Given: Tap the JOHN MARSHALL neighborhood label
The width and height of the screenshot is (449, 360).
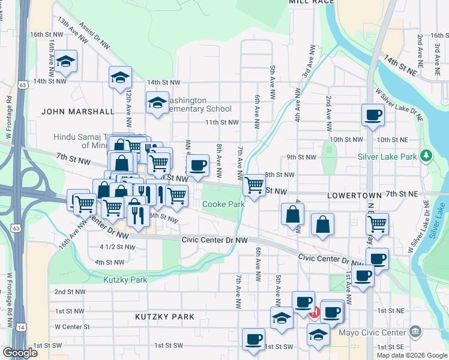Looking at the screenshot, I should [x=77, y=112].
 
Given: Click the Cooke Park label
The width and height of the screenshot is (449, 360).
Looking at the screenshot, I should [x=223, y=204].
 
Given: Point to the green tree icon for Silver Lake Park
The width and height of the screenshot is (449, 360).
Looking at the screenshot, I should [x=426, y=156].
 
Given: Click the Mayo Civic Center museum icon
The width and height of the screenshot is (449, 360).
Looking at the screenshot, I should [x=415, y=332].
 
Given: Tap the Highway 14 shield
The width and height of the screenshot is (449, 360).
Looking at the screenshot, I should [x=22, y=327].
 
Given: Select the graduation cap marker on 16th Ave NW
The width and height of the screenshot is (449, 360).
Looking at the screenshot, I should [x=66, y=61].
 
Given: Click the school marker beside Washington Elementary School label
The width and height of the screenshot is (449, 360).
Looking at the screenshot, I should [x=157, y=103].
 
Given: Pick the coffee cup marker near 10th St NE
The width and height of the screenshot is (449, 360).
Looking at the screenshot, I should [x=373, y=114].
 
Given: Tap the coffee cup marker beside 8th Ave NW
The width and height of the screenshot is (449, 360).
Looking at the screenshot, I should [x=198, y=165].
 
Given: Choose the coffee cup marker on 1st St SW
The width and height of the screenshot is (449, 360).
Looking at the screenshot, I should [x=253, y=338].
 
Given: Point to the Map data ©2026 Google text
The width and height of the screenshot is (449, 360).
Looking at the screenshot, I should [x=411, y=355].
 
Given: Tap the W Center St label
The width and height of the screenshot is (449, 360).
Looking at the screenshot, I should [x=71, y=327].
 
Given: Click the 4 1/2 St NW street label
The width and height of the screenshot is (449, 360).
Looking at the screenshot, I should [x=117, y=247].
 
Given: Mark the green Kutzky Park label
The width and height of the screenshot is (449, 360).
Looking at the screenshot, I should [x=125, y=280].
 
